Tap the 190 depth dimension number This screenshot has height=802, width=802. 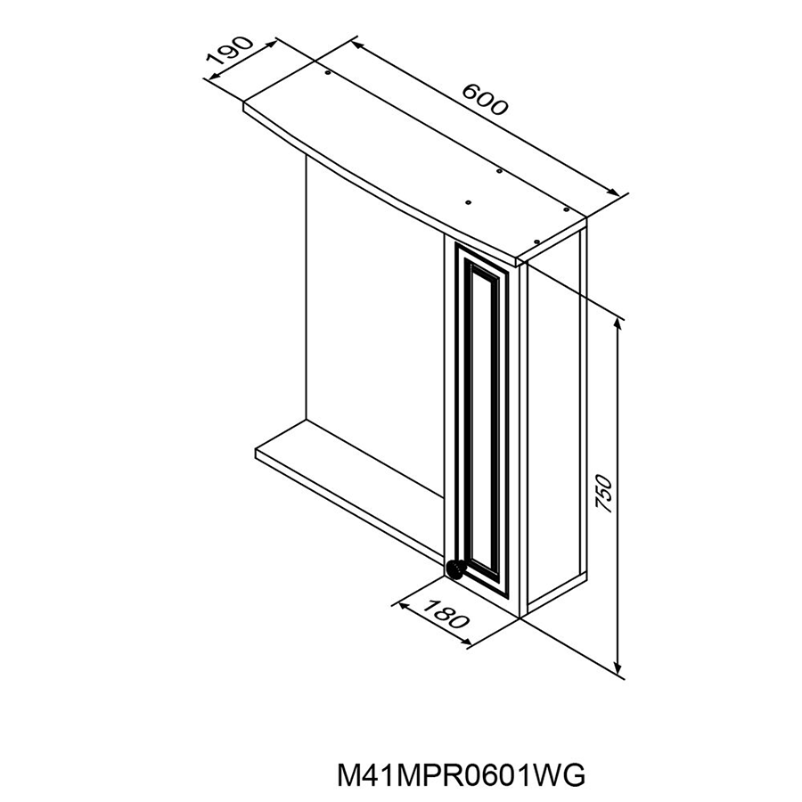pos(230,51)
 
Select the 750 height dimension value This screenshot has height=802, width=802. pos(604,494)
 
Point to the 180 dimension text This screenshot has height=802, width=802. pos(446,613)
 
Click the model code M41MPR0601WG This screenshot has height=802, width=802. pos(462,775)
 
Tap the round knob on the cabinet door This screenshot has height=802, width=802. pos(454,569)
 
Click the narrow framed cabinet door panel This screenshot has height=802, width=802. pos(482,414)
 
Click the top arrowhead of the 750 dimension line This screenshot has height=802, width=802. pos(619,323)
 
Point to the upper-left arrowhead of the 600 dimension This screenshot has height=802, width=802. pos(357,45)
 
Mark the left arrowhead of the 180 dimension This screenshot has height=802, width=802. pos(404,607)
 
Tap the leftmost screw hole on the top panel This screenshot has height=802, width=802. pos(327,74)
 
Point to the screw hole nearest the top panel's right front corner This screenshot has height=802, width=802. pos(536,241)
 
